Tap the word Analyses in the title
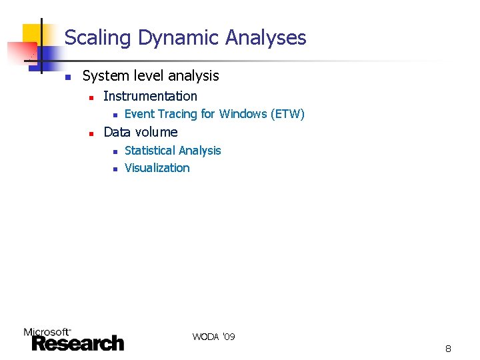(x=265, y=38)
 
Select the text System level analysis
(x=150, y=76)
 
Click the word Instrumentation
(x=150, y=96)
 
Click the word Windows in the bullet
(x=243, y=114)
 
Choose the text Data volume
(x=140, y=132)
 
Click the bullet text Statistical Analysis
(x=173, y=151)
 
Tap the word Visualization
(x=157, y=168)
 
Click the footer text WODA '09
(x=213, y=337)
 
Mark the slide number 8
(x=448, y=349)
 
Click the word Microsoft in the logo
(x=47, y=331)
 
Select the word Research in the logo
(x=77, y=343)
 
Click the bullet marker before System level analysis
(x=67, y=77)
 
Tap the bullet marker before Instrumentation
(x=91, y=97)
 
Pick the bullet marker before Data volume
(x=91, y=133)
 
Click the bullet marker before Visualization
(x=115, y=169)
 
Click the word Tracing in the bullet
(x=178, y=114)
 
